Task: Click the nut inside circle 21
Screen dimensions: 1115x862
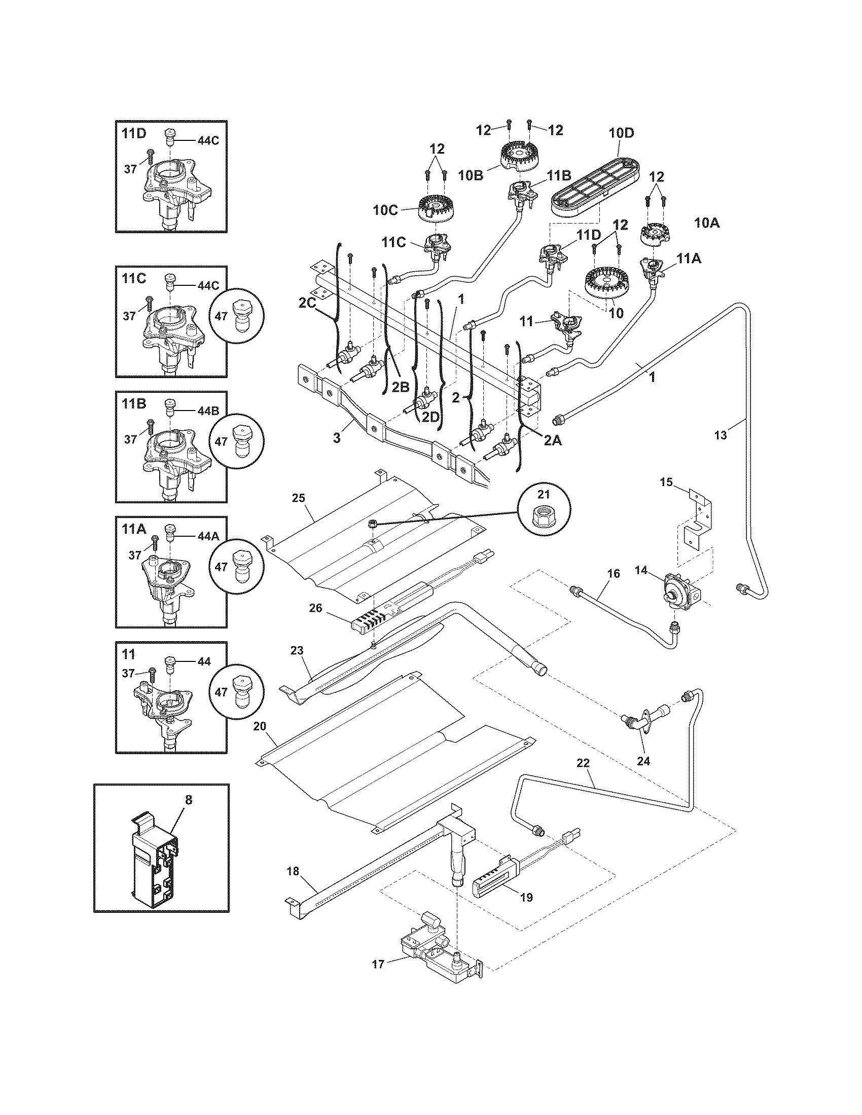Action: click(x=544, y=511)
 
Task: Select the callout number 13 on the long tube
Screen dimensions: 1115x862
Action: click(x=720, y=435)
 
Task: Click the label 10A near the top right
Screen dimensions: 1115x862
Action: click(x=707, y=223)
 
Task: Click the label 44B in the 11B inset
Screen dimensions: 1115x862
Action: click(x=208, y=410)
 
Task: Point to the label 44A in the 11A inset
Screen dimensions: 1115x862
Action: click(x=208, y=536)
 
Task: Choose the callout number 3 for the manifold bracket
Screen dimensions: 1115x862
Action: click(x=337, y=437)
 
